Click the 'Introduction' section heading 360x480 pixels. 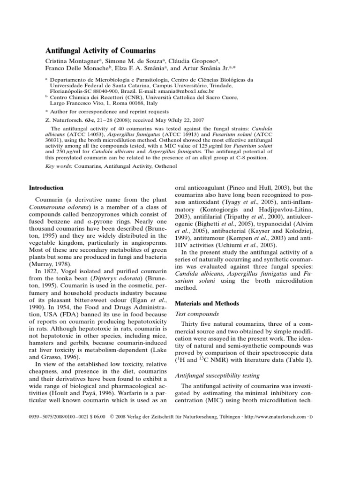click(x=46, y=188)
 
